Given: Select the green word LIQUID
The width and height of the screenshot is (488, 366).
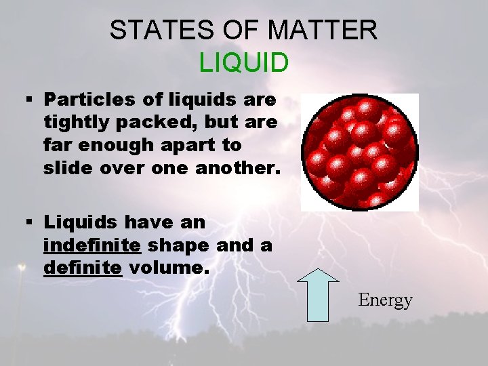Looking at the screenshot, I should point(244,62).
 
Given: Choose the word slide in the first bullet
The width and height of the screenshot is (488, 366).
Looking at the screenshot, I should point(65,169).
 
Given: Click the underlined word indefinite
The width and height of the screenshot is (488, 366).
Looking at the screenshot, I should point(92,245).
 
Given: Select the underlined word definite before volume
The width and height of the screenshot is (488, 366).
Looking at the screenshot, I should point(83,268).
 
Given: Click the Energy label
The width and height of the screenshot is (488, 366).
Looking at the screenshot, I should point(385,300).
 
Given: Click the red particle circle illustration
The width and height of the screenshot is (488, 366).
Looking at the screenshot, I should point(359,152).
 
